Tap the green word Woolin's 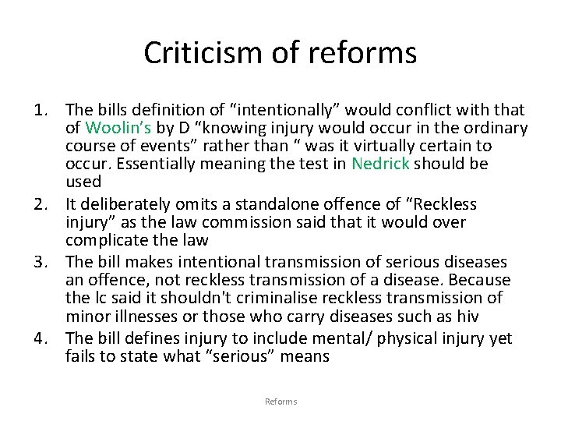pyautogui.click(x=113, y=128)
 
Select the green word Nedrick pyautogui.click(x=380, y=164)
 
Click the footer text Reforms pyautogui.click(x=280, y=402)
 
